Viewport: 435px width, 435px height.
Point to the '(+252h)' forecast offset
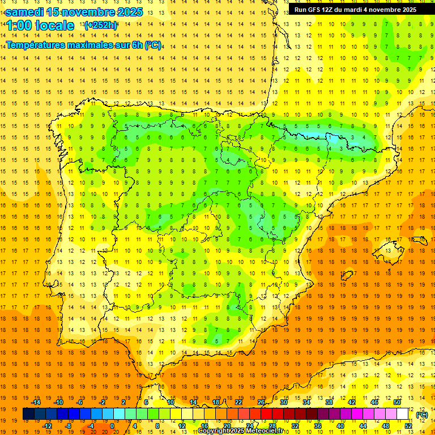(100, 25)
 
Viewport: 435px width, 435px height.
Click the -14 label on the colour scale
(36, 402)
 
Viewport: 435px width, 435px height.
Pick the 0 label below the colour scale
(113, 426)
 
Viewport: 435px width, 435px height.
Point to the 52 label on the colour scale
(408, 426)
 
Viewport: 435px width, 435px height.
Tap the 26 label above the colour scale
(261, 402)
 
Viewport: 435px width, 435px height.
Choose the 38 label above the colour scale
(329, 402)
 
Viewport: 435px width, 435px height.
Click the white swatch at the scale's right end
(402, 414)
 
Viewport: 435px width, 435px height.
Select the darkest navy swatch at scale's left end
(28, 414)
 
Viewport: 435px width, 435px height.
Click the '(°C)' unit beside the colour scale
(421, 415)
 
